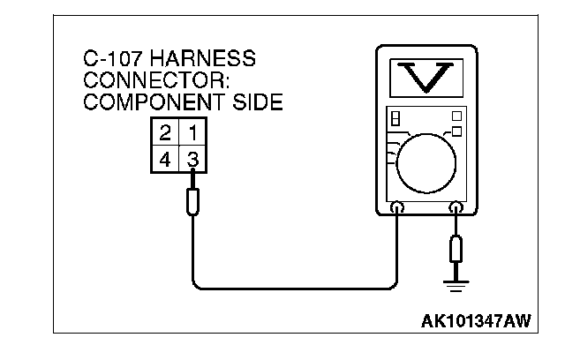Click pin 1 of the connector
pos(193,134)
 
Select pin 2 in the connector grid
pos(165,134)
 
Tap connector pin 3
pos(193,161)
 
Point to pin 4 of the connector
pos(165,161)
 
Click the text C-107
pos(112,60)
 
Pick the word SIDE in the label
pos(257,102)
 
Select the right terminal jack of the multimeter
pos(456,209)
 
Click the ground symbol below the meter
pos(456,283)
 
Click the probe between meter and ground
pos(456,249)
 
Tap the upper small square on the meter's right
pos(456,116)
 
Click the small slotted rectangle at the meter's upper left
pos(395,117)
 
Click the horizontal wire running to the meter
pos(291,288)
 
